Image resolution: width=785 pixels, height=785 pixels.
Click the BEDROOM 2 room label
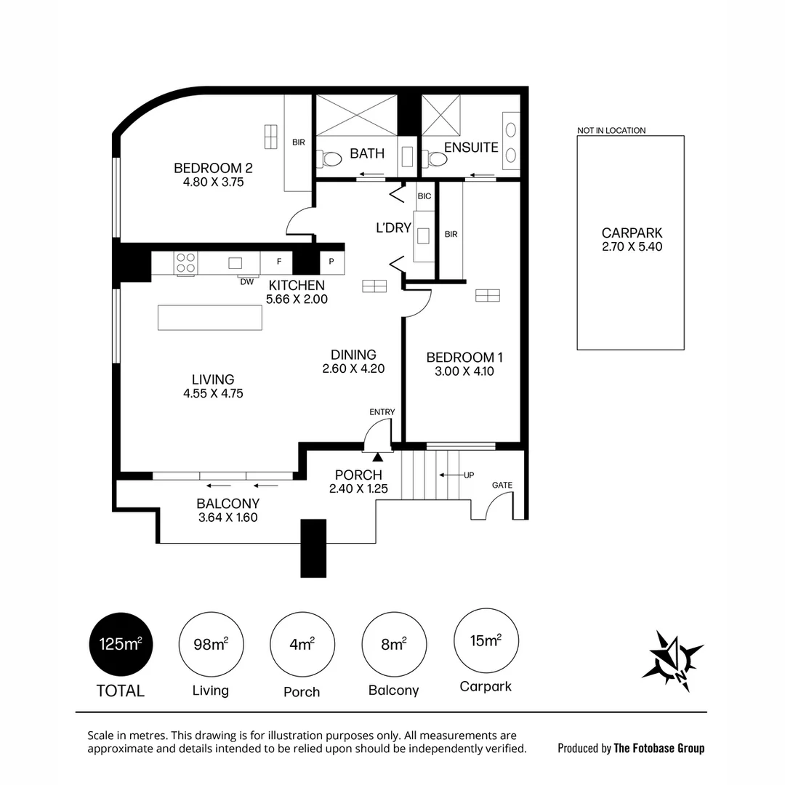coord(213,169)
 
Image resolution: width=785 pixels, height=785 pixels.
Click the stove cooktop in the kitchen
coord(185,262)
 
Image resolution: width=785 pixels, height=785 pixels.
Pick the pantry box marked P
coord(331,262)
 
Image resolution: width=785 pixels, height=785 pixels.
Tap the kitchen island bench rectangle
coord(210,318)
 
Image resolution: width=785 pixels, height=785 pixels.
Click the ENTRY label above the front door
coord(382,412)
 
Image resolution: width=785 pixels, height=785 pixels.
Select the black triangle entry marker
coord(378,456)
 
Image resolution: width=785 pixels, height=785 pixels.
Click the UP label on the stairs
coord(469,475)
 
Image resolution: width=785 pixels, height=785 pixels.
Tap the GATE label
coord(502,485)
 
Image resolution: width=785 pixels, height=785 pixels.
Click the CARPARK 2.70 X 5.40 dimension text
coord(632,247)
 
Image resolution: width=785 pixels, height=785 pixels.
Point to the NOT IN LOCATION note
coord(611,131)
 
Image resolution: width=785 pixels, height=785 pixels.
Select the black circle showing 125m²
coord(121,644)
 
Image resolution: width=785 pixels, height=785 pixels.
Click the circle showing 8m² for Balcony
coord(394,644)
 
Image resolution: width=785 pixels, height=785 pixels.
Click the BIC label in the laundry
coord(424,196)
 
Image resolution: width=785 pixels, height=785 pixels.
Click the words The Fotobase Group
coord(659,748)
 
